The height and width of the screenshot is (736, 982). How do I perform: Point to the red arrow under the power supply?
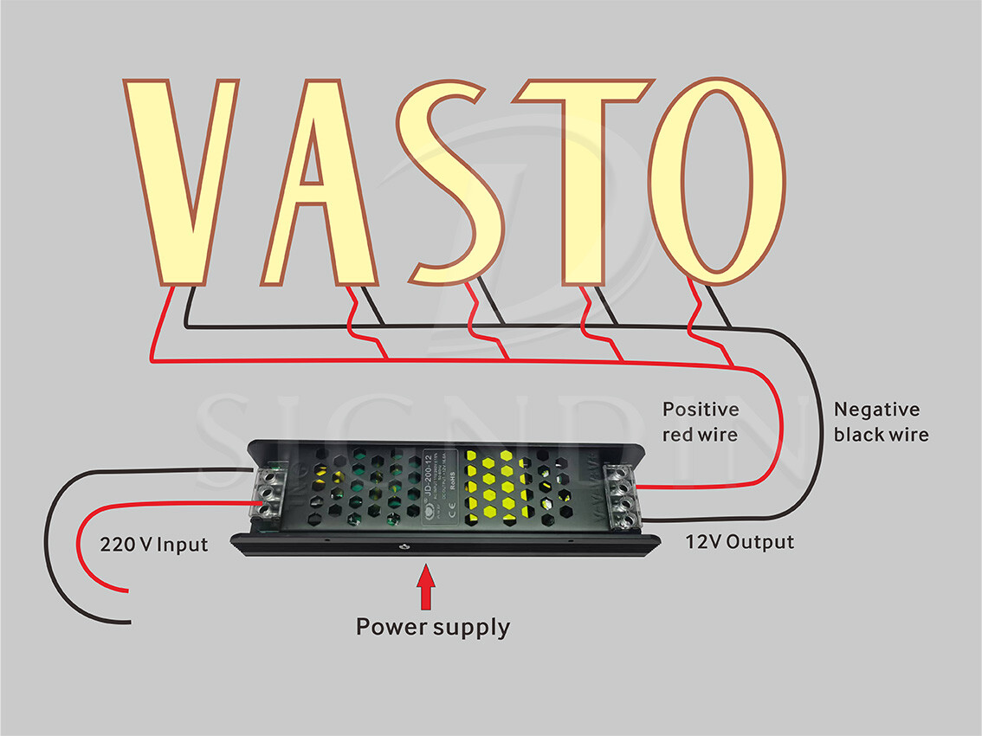point(425,588)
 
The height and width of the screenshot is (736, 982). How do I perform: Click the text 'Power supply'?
point(433,626)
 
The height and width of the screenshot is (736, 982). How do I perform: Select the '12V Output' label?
point(740,542)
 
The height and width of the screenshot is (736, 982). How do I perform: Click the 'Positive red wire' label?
point(701,422)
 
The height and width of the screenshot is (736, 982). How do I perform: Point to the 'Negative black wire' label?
point(880,422)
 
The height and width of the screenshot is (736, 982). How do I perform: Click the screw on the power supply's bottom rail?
point(404,546)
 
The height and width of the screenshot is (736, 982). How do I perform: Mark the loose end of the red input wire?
point(127,592)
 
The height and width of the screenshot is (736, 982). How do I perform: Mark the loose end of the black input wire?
point(130,621)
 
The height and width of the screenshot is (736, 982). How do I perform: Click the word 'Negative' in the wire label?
point(876,410)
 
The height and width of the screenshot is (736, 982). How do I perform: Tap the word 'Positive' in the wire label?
point(701,410)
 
